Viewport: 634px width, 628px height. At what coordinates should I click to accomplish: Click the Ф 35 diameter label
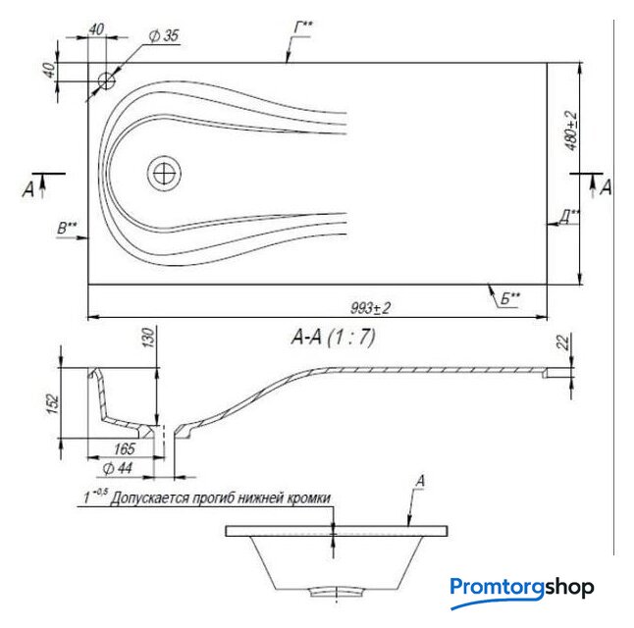tap(164, 36)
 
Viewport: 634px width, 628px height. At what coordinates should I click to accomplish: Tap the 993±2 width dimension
tap(370, 308)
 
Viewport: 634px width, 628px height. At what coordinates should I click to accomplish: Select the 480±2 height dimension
tap(571, 131)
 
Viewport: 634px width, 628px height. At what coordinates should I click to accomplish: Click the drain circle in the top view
tap(164, 173)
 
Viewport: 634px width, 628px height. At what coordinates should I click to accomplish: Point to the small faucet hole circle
tap(106, 80)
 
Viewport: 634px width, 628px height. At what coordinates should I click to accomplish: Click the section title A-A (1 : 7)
tap(333, 337)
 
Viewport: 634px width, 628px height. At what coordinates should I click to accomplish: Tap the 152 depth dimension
tap(53, 404)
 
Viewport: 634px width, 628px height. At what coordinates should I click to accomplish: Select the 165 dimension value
tap(124, 448)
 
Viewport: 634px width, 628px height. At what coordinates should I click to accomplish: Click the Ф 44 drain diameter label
tap(117, 468)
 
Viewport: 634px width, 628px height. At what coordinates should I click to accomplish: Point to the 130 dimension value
tap(149, 338)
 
